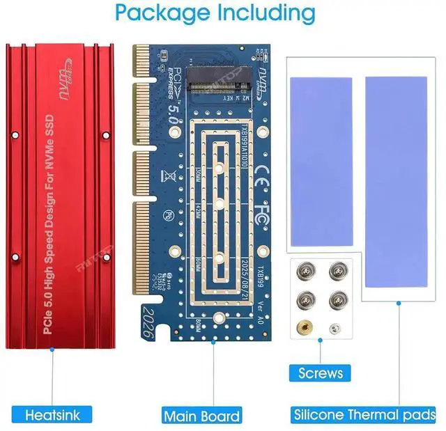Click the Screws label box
tap(321, 373)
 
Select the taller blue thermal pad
tap(396, 183)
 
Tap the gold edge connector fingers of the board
tap(141, 174)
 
